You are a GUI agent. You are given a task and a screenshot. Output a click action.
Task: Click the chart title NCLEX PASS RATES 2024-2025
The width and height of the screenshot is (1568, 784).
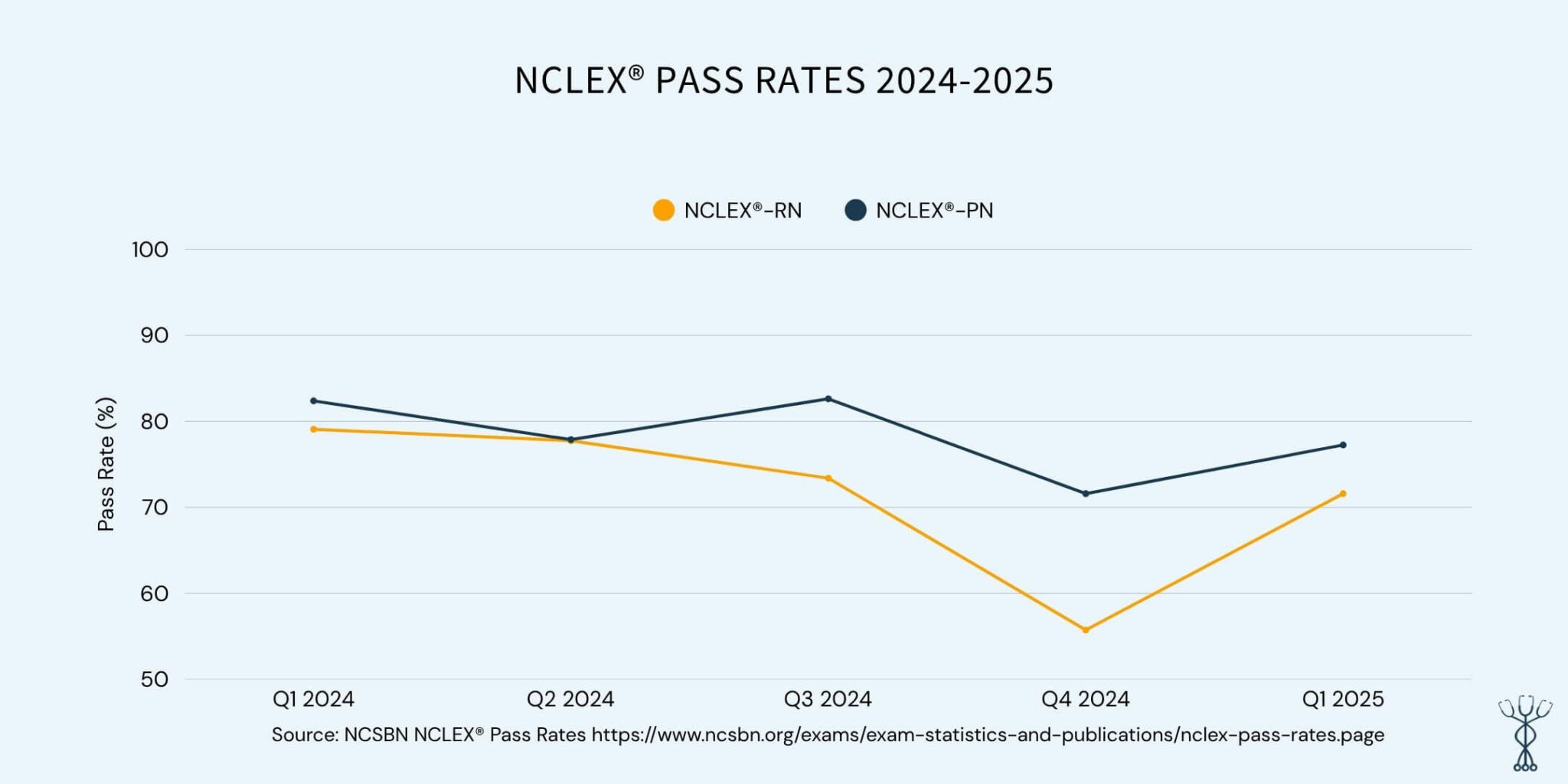coord(783,80)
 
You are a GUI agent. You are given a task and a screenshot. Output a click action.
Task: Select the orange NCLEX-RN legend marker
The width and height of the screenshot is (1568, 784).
coord(663,210)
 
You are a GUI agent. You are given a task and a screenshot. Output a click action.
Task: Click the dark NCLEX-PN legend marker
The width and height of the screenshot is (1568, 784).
coord(855,210)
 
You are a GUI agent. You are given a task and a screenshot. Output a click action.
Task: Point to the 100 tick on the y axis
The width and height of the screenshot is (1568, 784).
coord(150,250)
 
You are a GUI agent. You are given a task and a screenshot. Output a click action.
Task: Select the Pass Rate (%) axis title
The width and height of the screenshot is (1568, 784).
coord(106,464)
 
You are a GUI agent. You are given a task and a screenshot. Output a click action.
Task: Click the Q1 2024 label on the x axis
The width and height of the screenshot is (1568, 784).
coord(313,699)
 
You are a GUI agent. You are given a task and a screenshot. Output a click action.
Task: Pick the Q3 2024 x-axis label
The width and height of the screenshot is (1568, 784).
coord(828,699)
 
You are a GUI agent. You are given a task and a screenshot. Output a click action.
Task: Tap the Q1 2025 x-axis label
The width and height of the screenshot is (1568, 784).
coord(1342,699)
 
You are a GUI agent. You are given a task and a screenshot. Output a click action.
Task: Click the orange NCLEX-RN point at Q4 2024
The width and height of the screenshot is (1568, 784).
coord(1085,630)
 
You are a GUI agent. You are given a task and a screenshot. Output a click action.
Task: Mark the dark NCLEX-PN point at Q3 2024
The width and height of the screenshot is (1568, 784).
coord(828,399)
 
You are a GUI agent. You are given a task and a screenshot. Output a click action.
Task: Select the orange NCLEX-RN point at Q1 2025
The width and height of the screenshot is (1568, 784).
coord(1342,494)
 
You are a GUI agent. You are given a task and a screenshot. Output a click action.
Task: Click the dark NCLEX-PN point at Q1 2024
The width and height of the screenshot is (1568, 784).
coord(313,400)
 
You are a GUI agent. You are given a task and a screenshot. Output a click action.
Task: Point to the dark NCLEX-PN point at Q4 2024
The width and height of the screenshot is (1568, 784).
coord(1085,494)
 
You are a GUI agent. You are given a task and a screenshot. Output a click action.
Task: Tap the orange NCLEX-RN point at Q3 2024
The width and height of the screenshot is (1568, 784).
coord(828,479)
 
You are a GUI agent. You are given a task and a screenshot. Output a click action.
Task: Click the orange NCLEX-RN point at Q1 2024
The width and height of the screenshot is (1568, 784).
coord(313,430)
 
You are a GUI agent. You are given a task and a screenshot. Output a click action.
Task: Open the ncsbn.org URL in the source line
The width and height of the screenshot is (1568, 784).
coord(988,736)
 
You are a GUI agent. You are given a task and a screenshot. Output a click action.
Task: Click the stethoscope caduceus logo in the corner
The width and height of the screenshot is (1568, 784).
coord(1524,733)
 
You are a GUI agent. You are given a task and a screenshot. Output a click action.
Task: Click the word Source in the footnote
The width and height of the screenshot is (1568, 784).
coord(304,736)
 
